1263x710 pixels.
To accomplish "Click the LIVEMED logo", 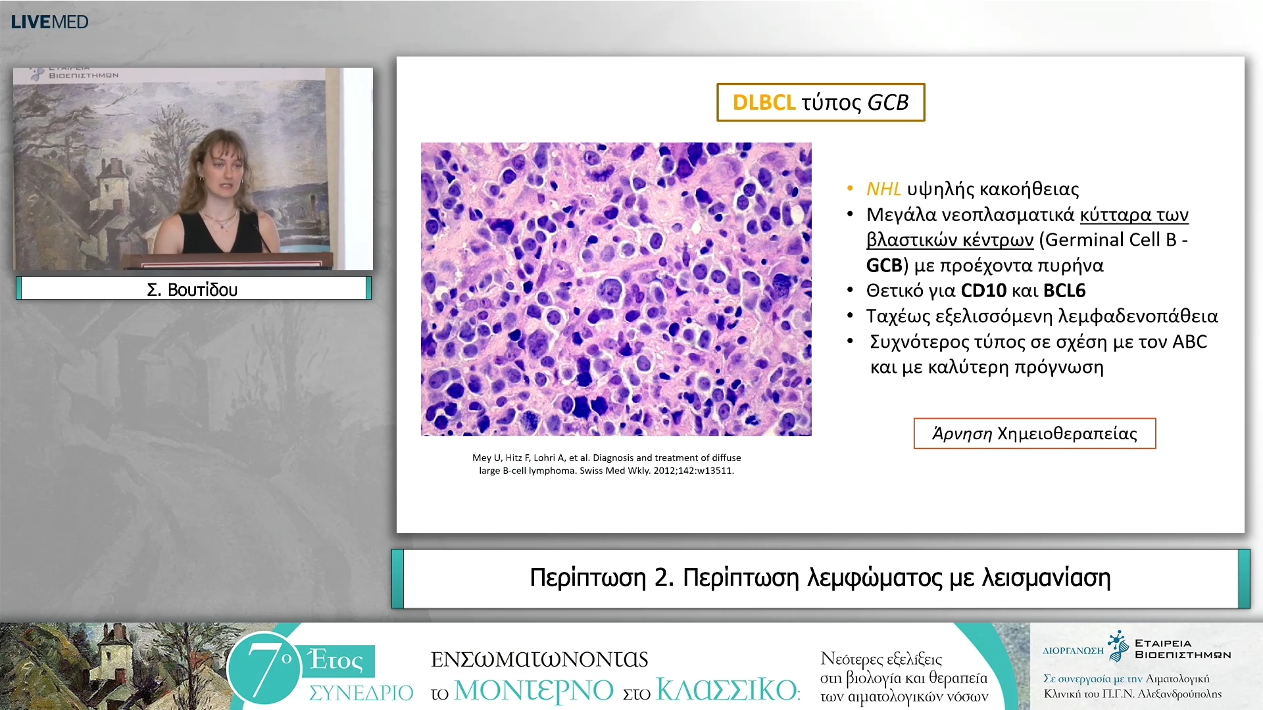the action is (x=49, y=22).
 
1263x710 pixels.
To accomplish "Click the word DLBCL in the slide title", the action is (x=764, y=103).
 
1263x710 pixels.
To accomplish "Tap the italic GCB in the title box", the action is (x=888, y=103).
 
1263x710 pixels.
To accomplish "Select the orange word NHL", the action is (x=883, y=189).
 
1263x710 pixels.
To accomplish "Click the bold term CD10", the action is (x=983, y=291).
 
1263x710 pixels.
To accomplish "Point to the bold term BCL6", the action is (x=1064, y=291).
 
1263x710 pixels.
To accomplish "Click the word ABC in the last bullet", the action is (x=1189, y=342).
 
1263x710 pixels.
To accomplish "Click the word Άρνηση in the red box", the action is (x=962, y=433).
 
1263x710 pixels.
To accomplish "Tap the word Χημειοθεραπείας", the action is (x=1067, y=434).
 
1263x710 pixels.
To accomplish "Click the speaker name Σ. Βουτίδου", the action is (x=192, y=289).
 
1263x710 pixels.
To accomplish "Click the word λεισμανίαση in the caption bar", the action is (x=1046, y=578).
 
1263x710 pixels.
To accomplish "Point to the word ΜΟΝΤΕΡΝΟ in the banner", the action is (x=533, y=690).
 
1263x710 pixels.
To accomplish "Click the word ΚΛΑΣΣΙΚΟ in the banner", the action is (x=727, y=690).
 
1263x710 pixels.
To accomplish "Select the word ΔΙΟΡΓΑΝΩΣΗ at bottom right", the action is (x=1073, y=651).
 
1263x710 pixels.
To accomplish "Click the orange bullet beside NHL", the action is (x=850, y=189).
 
